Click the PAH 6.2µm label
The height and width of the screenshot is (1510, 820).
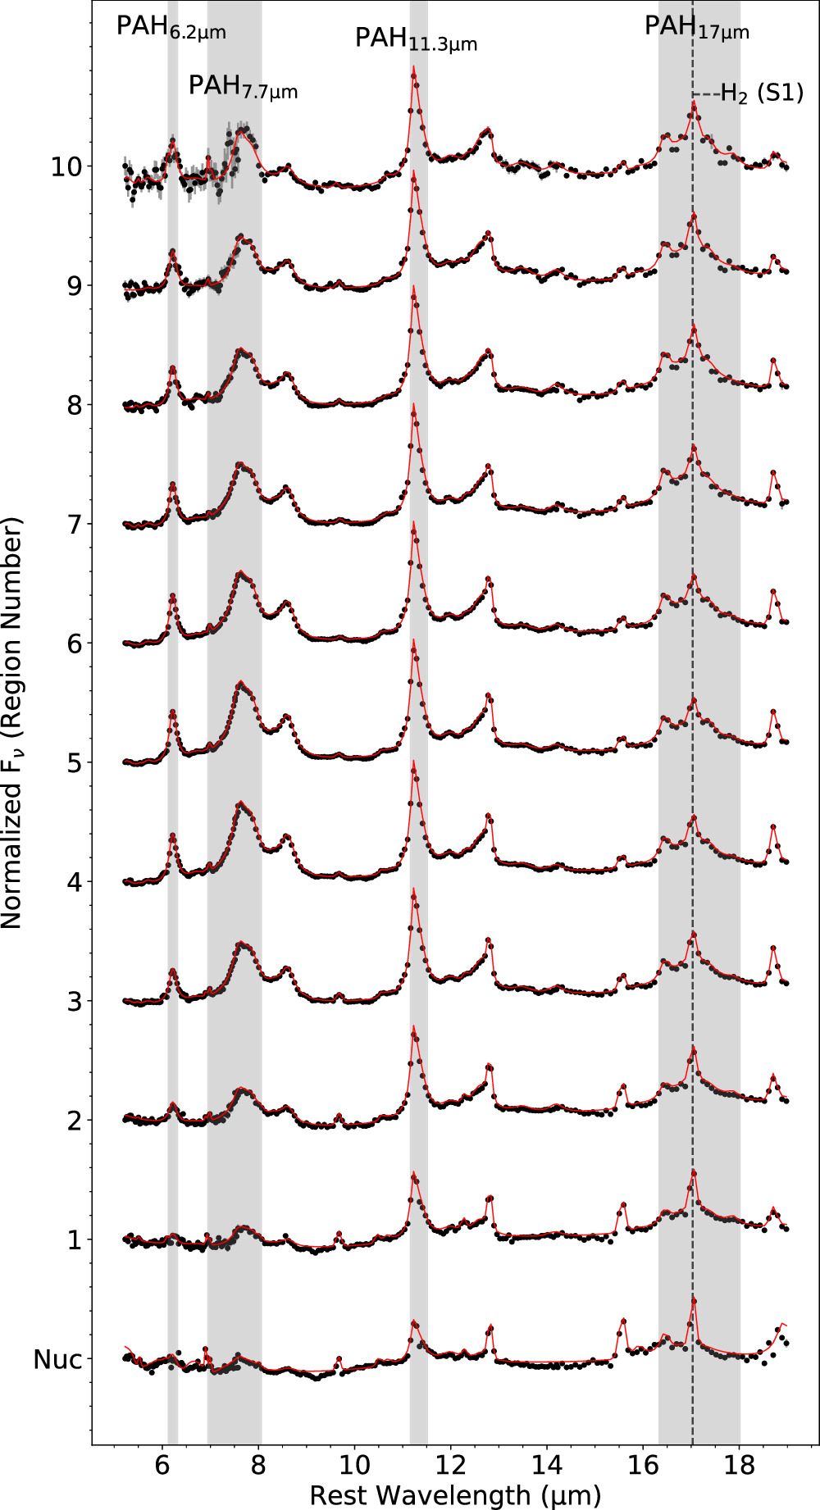(171, 28)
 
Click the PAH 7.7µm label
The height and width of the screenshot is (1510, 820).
(243, 87)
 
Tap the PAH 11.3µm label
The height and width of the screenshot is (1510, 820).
(416, 39)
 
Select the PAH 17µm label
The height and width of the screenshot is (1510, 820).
(696, 28)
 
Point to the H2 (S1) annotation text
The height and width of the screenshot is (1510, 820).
(761, 93)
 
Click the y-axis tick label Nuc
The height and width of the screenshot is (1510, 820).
(57, 1360)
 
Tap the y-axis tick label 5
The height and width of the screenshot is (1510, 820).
(75, 763)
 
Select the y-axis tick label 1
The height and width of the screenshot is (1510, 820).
(75, 1240)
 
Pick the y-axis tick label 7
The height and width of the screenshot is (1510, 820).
(75, 525)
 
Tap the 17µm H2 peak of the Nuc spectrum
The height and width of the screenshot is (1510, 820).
(694, 1300)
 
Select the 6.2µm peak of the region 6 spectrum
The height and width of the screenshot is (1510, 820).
(173, 596)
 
